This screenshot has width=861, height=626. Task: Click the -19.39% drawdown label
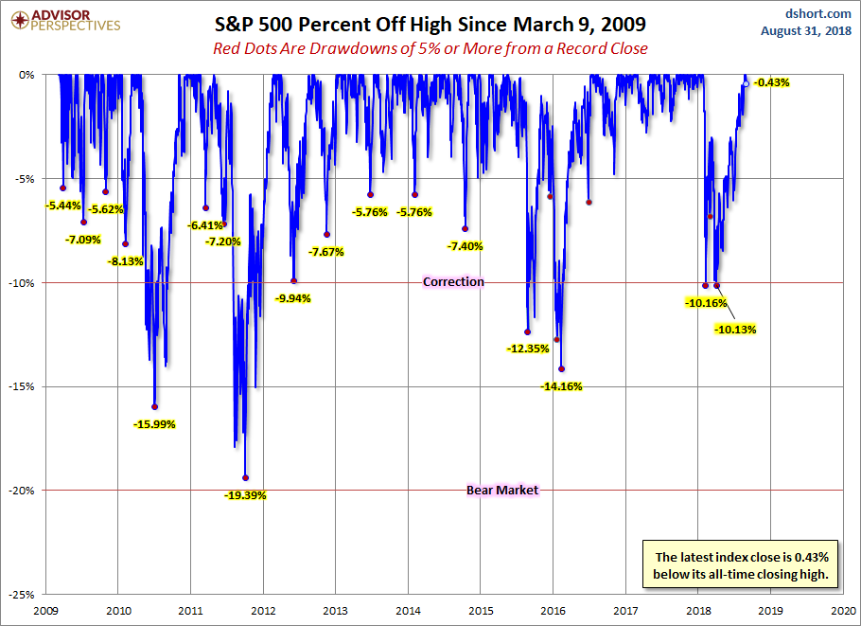click(x=245, y=494)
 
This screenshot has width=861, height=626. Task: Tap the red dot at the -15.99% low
click(x=155, y=406)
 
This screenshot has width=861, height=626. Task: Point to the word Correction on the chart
click(x=453, y=281)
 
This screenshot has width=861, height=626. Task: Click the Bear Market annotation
click(x=502, y=490)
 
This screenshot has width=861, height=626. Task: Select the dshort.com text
click(x=818, y=13)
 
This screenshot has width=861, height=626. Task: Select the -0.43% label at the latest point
click(x=771, y=82)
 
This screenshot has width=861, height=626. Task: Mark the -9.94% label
click(x=292, y=297)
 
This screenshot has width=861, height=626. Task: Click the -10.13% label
click(x=736, y=330)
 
